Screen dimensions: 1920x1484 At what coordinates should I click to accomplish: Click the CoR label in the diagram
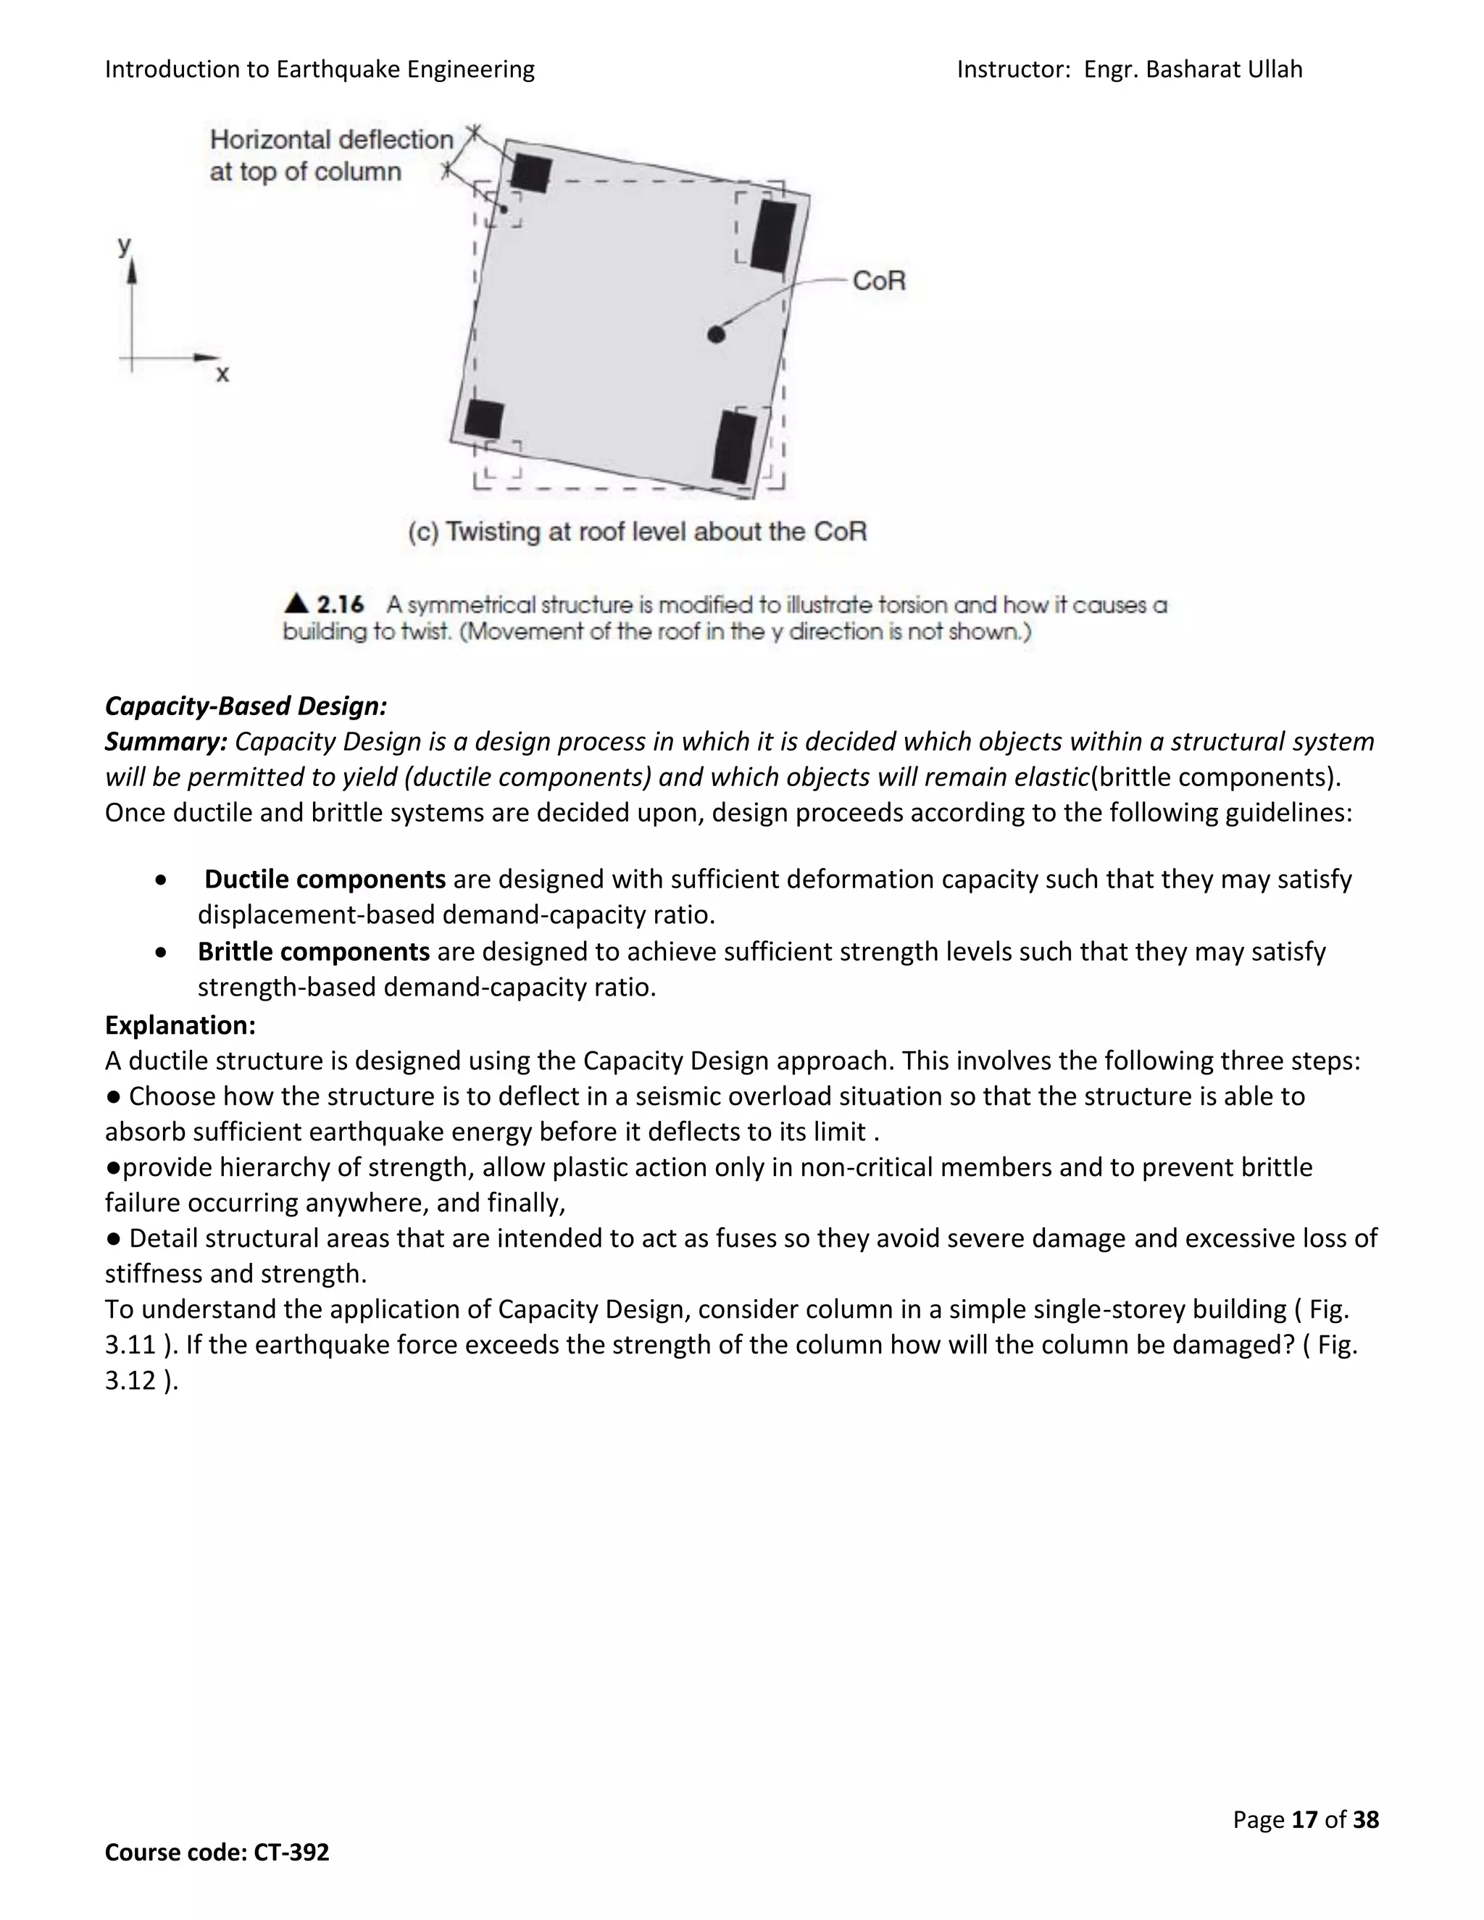click(878, 281)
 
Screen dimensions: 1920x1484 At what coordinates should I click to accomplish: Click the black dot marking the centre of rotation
click(716, 334)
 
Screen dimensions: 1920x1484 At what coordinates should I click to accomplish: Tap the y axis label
click(125, 246)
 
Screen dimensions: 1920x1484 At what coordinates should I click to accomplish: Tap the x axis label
click(222, 375)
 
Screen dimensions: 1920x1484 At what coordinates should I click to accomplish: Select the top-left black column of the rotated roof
click(531, 173)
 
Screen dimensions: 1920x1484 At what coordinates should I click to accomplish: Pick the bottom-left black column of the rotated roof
click(483, 419)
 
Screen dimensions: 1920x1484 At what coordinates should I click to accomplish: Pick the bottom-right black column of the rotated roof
click(734, 446)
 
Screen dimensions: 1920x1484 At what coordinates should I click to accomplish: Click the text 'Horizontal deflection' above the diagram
click(331, 140)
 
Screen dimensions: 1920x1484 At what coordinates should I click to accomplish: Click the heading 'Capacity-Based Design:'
click(246, 706)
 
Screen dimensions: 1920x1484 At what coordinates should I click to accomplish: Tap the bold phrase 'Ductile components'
click(325, 879)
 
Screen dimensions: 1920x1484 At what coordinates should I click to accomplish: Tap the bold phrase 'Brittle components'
click(313, 951)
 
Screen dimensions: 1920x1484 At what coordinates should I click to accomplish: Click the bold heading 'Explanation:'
click(180, 1025)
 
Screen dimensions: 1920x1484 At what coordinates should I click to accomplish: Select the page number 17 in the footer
click(1304, 1820)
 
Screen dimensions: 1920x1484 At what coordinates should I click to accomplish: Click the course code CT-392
click(291, 1853)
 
